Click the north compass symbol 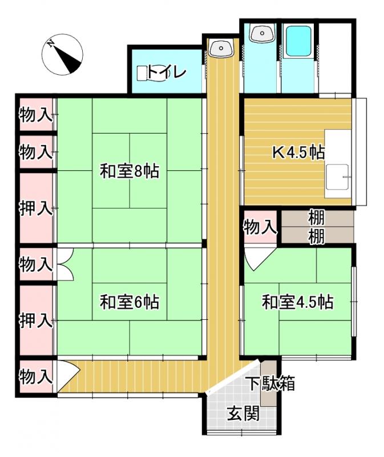[x=62, y=54]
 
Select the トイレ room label [x=167, y=73]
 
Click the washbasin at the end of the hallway [x=221, y=48]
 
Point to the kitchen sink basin [x=337, y=177]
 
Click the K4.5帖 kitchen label [x=299, y=152]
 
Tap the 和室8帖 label [x=130, y=171]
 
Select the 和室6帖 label [x=130, y=302]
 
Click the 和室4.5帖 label [x=298, y=302]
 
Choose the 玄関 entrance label [x=243, y=413]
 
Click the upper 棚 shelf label [x=317, y=217]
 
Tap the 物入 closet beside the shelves [x=260, y=227]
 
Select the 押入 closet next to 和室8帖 [x=36, y=208]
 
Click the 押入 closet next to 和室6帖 [x=36, y=320]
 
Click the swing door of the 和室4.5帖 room [x=258, y=259]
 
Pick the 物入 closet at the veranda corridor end [x=36, y=376]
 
